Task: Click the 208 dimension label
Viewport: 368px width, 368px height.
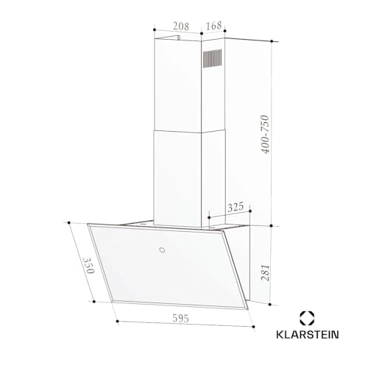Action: point(181,26)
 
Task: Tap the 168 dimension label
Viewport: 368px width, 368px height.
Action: point(213,26)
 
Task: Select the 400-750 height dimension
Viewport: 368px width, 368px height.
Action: point(265,134)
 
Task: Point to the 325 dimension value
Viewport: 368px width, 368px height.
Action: point(236,207)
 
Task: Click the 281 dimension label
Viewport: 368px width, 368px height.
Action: point(265,272)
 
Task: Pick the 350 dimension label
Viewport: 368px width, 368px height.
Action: point(88,266)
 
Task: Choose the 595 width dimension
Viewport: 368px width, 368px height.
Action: point(180,318)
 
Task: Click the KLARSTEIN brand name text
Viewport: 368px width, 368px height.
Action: point(308,335)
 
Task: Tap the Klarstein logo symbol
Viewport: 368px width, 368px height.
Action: point(307,318)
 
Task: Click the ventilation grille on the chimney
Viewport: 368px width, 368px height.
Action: point(212,58)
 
